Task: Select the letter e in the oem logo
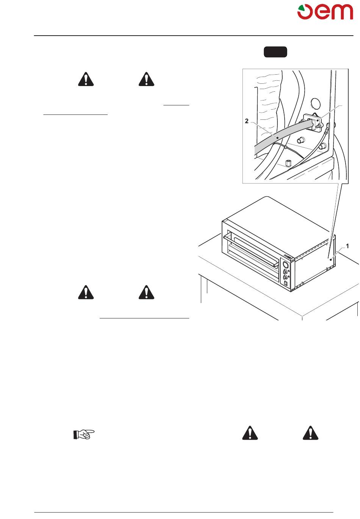pyautogui.click(x=322, y=12)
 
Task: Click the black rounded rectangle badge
pyautogui.click(x=275, y=52)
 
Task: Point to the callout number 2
pyautogui.click(x=247, y=121)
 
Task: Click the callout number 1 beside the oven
pyautogui.click(x=347, y=246)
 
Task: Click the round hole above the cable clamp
pyautogui.click(x=315, y=103)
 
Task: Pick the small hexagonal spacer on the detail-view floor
pyautogui.click(x=288, y=163)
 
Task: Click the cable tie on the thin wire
pyautogui.click(x=285, y=147)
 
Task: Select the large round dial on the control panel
pyautogui.click(x=286, y=265)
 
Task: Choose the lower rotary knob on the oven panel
pyautogui.click(x=286, y=278)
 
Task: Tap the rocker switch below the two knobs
pyautogui.click(x=286, y=283)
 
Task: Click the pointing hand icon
pyautogui.click(x=84, y=434)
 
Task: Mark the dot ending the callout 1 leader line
pyautogui.click(x=330, y=260)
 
